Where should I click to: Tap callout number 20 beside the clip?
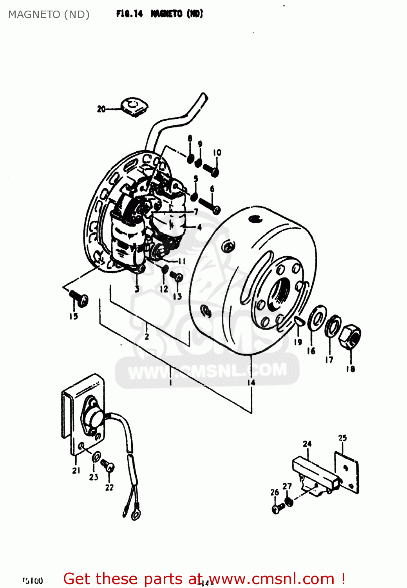(x=101, y=109)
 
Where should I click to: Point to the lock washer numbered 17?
(x=333, y=325)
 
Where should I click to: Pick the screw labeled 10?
(x=211, y=170)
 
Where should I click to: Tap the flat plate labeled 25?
(x=347, y=472)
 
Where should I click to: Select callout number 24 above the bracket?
(x=307, y=444)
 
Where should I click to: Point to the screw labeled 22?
(x=107, y=466)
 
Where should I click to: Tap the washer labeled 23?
(x=96, y=457)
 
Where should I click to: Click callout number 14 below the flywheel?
(x=251, y=382)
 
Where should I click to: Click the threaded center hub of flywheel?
(x=279, y=293)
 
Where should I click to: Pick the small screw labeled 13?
(x=177, y=277)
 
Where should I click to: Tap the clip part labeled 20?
(x=134, y=107)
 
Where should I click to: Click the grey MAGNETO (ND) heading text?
(x=49, y=15)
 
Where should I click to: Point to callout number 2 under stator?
(x=147, y=336)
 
